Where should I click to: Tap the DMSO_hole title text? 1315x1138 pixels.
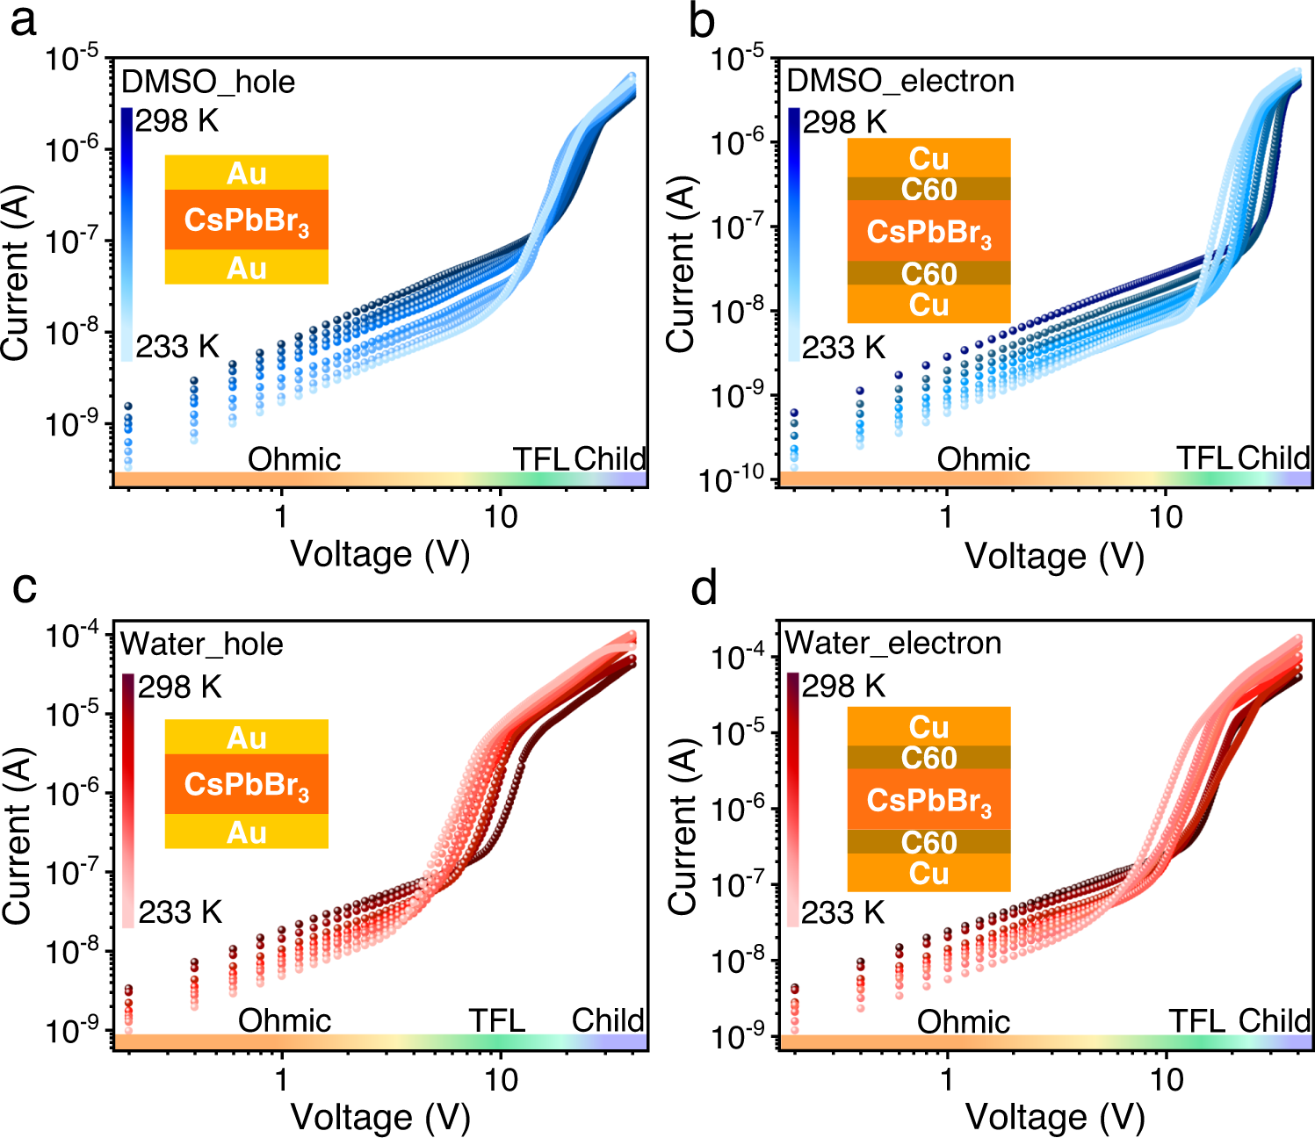tap(207, 82)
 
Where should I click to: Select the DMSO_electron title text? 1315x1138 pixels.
tap(900, 81)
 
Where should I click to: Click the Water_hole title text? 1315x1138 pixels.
tap(202, 645)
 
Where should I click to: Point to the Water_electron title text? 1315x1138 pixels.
tap(892, 643)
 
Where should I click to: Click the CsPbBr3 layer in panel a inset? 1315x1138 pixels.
tap(246, 220)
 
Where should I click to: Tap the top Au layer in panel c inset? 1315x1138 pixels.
tap(246, 738)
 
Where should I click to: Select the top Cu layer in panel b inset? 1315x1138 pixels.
tap(928, 159)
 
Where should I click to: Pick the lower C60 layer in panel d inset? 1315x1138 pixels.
tap(928, 843)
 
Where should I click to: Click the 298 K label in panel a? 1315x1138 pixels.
tap(177, 120)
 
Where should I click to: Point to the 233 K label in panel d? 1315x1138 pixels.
tap(842, 913)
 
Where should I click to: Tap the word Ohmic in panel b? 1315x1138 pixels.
tap(983, 459)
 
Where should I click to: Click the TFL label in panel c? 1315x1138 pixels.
tap(496, 1020)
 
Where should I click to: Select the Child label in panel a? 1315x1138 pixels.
tap(610, 458)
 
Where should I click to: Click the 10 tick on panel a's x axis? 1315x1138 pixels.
tap(501, 516)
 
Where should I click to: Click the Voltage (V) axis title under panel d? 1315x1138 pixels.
tap(1055, 1118)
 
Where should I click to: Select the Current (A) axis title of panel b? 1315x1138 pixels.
tap(682, 265)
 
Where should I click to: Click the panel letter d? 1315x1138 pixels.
tap(704, 588)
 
